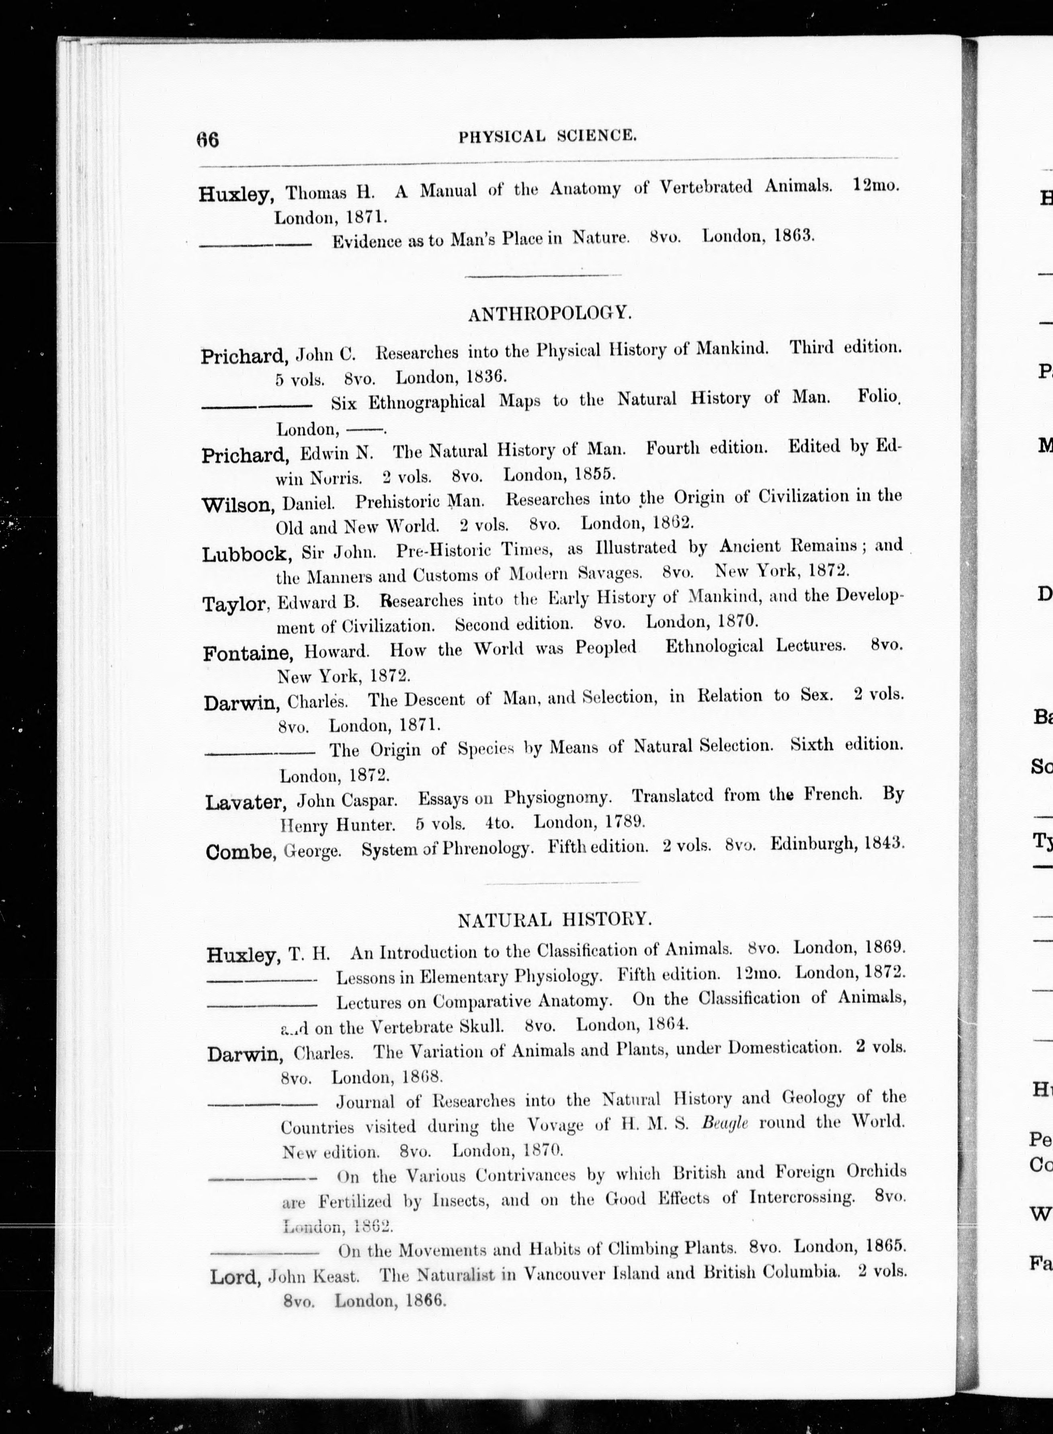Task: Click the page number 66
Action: pyautogui.click(x=208, y=139)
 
